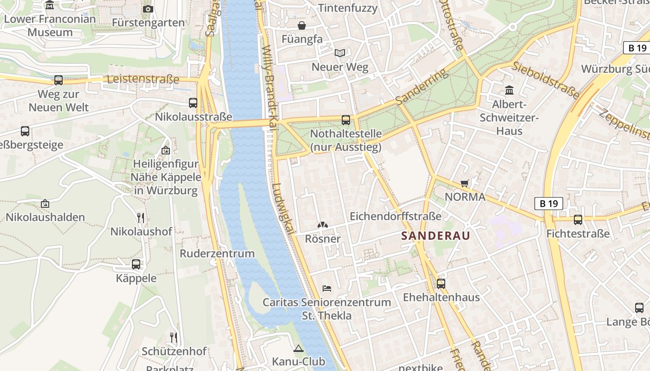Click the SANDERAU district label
pos(435,236)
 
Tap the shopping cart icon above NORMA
pos(464,184)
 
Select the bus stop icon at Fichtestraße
pos(578,220)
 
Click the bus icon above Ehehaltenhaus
pos(441,283)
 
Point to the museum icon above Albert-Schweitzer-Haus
pos(509,90)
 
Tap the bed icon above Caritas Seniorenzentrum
pos(327,288)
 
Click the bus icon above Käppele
pos(136,264)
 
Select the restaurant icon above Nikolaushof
pos(141,217)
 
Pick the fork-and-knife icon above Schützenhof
pos(174,337)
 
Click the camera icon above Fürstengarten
pos(148,9)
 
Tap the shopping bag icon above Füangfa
pos(302,26)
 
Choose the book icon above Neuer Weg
pos(340,53)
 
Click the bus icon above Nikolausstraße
pos(193,103)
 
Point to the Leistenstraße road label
pos(143,79)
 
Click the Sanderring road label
pos(422,86)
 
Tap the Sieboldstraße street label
pos(546,80)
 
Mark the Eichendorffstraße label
pos(395,216)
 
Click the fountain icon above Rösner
pos(322,225)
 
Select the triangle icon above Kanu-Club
pos(299,348)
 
